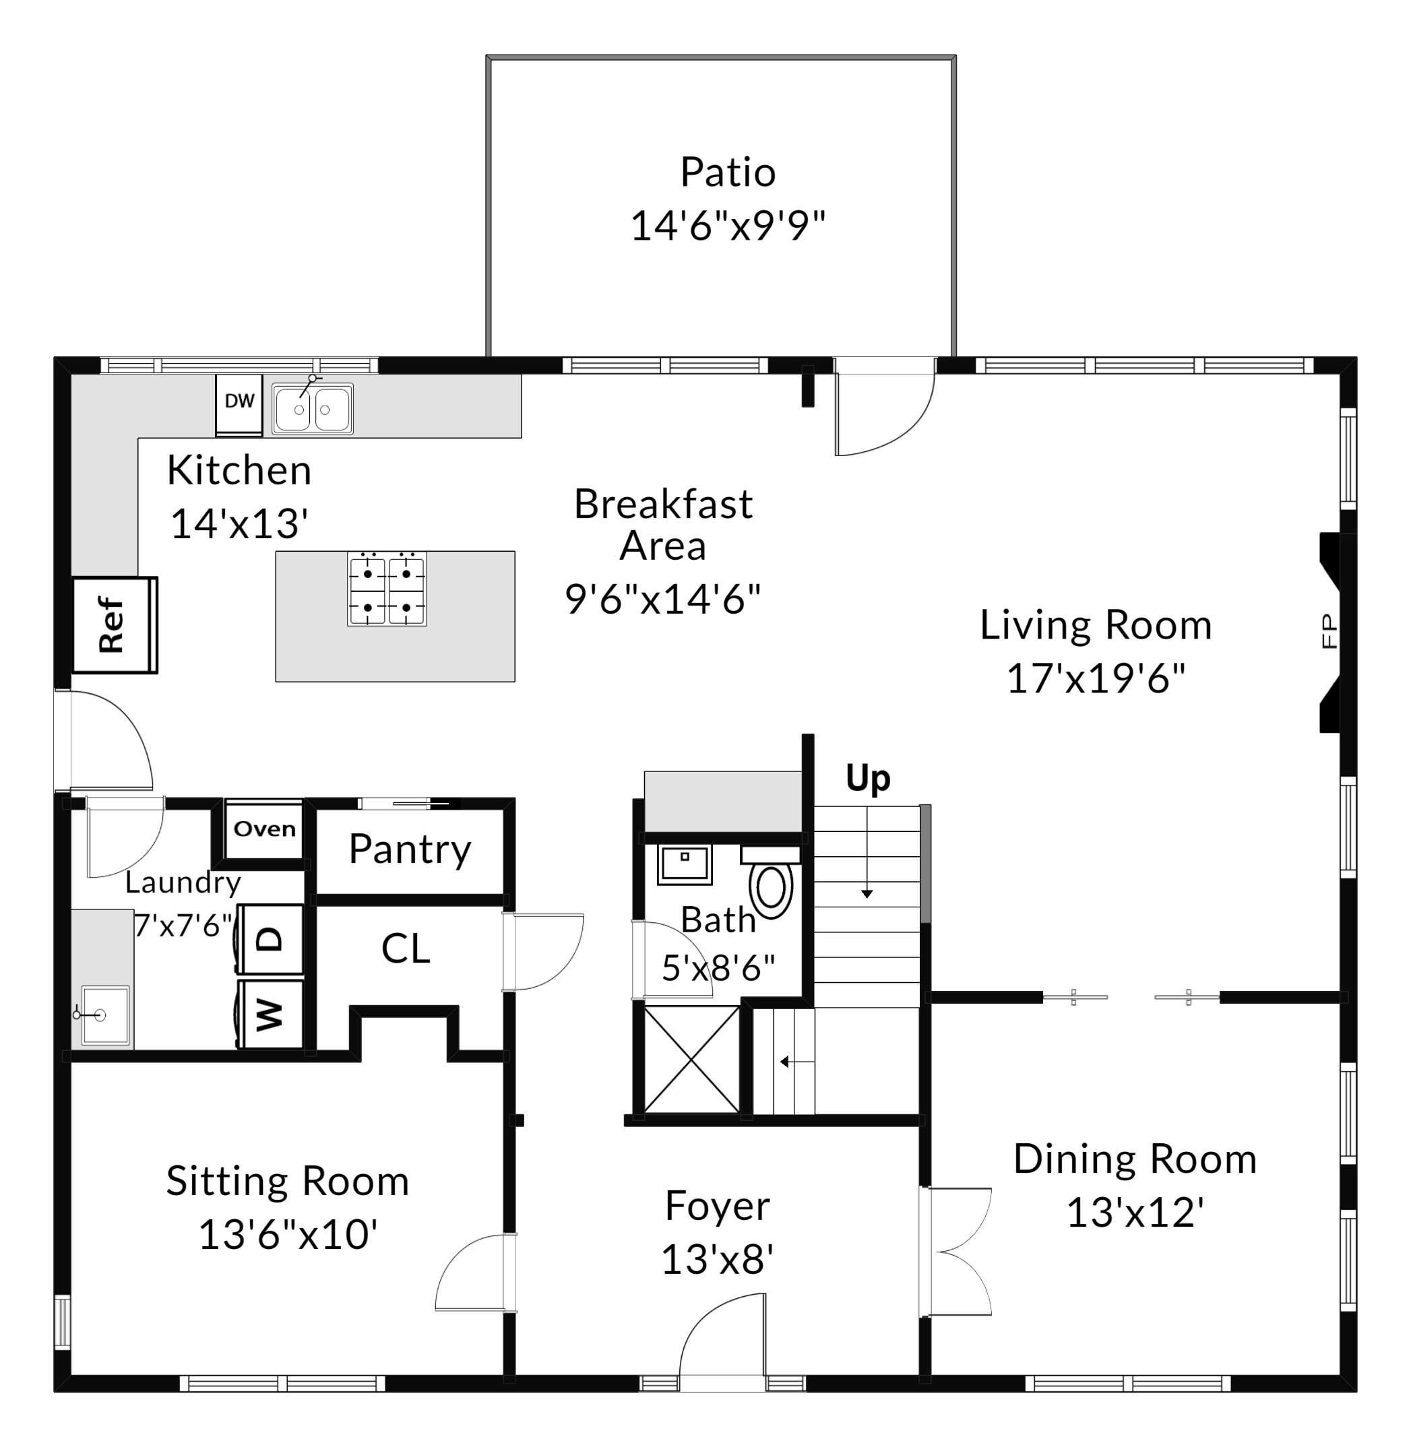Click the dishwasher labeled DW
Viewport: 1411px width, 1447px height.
(239, 405)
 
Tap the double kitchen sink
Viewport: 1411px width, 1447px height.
(312, 408)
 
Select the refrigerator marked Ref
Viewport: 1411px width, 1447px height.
(115, 624)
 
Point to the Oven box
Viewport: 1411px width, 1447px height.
(265, 829)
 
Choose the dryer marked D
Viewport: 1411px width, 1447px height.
(270, 939)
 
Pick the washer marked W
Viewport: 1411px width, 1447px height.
(270, 1015)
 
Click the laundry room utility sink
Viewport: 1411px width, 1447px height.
(104, 1015)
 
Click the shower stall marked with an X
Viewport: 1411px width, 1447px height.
(691, 1059)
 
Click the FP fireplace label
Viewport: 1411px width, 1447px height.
(1329, 631)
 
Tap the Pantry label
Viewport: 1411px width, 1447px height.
(410, 850)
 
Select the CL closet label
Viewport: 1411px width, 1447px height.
(406, 948)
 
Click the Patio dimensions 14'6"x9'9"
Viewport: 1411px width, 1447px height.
(728, 225)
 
